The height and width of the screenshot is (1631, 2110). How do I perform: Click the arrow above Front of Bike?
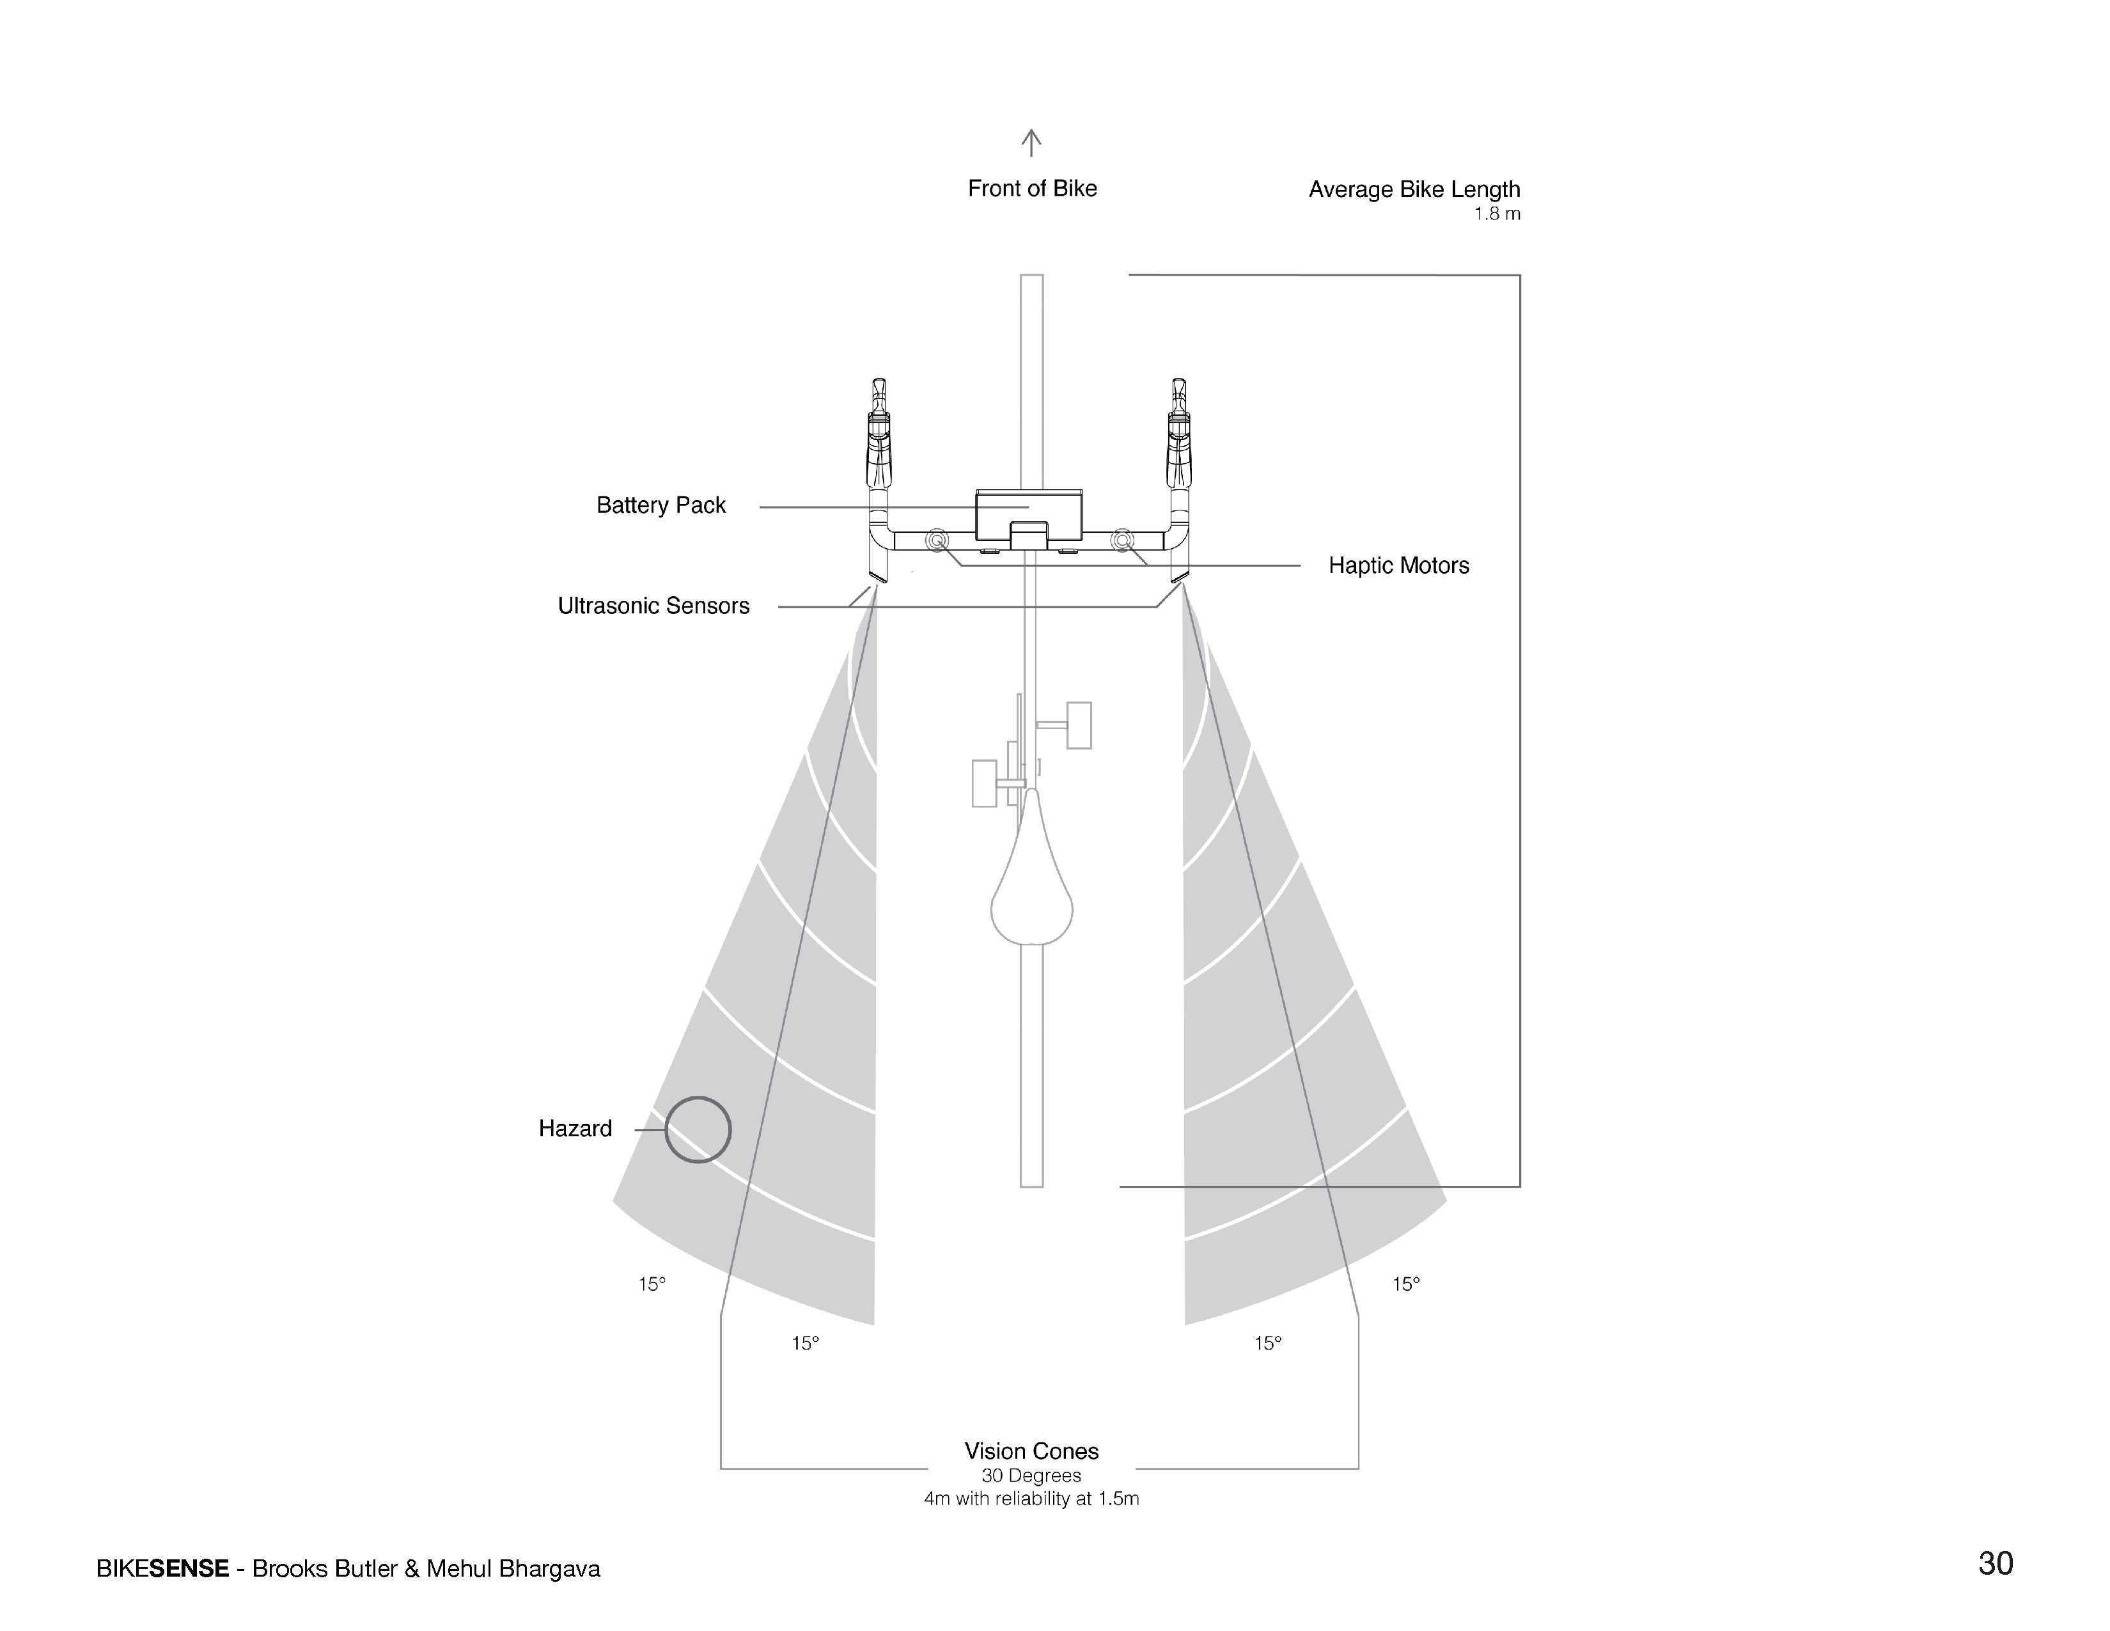click(1031, 143)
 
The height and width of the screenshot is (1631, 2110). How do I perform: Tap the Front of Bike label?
click(1032, 189)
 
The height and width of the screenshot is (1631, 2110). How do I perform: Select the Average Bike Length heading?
click(1414, 189)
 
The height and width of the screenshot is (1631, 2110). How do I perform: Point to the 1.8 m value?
click(1497, 214)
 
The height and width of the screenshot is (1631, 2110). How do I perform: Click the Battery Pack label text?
click(661, 505)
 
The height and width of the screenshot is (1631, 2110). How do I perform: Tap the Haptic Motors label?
click(1398, 566)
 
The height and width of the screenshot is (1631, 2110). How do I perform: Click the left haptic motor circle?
click(936, 540)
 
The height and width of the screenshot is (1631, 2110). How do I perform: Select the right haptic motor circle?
click(1121, 540)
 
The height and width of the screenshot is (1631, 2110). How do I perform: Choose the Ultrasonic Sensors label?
click(653, 606)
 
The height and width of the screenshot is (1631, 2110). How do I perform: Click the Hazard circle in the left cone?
click(698, 1130)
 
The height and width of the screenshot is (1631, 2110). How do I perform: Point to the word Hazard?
click(575, 1128)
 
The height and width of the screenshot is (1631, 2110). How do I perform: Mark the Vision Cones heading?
click(1031, 1451)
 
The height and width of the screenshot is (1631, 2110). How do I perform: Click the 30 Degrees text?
click(1031, 1476)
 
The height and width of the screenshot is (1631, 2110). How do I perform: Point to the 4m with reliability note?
click(1031, 1499)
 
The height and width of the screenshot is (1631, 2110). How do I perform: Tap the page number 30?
click(1995, 1563)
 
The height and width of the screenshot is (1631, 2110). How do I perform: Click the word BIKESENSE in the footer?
click(162, 1568)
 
